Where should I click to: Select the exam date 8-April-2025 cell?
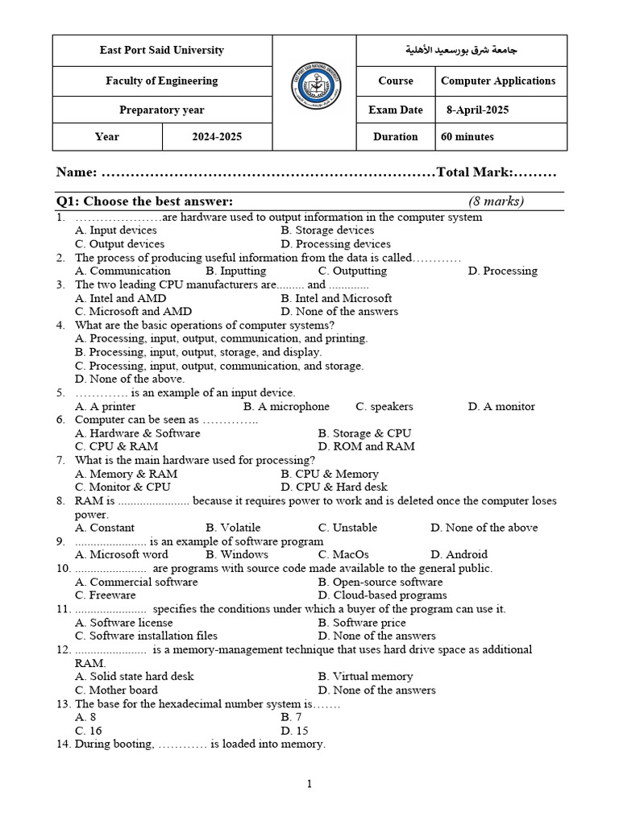pos(477,110)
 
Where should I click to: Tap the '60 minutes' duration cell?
pos(467,137)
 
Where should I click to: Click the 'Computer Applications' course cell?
pos(498,81)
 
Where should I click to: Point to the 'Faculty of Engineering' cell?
pos(162,81)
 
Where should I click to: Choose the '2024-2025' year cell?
pos(217,137)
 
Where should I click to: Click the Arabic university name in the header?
pos(461,50)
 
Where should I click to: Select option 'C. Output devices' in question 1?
pos(119,244)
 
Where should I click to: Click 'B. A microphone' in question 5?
pos(286,407)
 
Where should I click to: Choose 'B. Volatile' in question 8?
pos(233,528)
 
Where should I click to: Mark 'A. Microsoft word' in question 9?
pos(122,554)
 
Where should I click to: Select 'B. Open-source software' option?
pos(380,582)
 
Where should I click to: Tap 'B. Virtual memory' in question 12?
pos(365,677)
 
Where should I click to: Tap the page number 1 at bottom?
pos(309,784)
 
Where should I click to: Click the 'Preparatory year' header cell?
pos(162,110)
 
